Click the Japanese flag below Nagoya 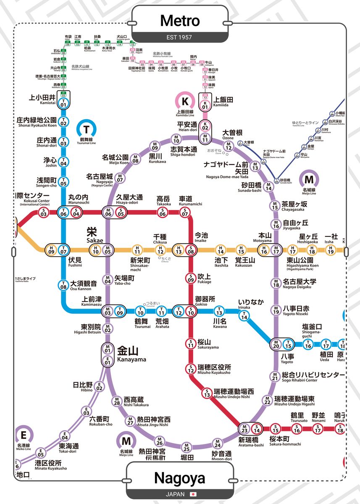pos(193,494)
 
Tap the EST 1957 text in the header pos(179,37)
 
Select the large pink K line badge pos(185,101)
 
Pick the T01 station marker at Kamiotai pos(63,103)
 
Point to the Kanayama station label pos(131,354)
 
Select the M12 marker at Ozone pos(229,147)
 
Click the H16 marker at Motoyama pos(263,250)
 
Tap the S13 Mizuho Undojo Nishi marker pos(207,394)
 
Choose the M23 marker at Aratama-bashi pos(244,429)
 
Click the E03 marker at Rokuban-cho pos(87,411)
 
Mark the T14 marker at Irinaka pos(244,317)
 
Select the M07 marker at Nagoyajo pos(120,179)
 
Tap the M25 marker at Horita pos(187,446)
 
